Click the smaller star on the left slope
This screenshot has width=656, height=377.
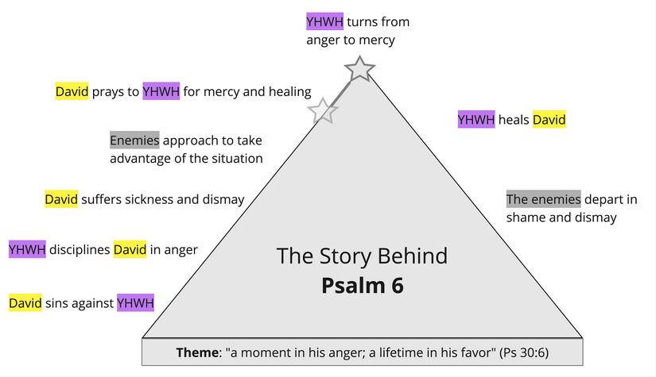click(x=322, y=111)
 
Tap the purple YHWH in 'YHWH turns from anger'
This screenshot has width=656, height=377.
click(x=324, y=22)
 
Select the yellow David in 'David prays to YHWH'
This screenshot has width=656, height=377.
click(x=72, y=91)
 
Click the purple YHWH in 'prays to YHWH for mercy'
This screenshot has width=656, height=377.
click(x=161, y=91)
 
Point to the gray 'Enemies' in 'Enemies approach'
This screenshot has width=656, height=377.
click(x=134, y=140)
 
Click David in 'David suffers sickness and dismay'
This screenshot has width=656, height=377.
click(x=61, y=199)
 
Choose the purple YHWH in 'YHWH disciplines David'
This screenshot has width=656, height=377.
click(x=27, y=250)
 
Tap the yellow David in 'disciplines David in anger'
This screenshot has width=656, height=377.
click(x=130, y=250)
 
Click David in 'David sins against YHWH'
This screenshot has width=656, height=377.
click(x=25, y=302)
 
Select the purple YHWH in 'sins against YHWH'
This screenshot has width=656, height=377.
click(x=135, y=302)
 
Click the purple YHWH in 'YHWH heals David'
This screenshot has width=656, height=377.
click(x=476, y=120)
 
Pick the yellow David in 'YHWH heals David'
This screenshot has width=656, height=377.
click(x=549, y=120)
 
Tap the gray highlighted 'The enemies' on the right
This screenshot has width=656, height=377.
click(x=543, y=199)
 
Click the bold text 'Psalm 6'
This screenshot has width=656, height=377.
click(x=362, y=285)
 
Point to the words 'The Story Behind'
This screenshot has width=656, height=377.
click(x=362, y=256)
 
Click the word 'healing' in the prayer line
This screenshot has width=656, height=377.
click(x=289, y=91)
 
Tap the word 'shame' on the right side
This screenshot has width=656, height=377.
click(x=526, y=217)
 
